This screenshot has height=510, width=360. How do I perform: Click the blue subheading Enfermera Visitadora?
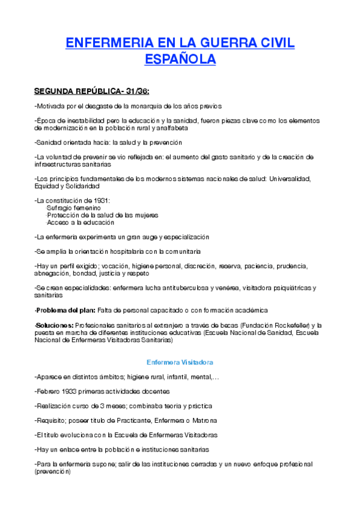click(x=180, y=363)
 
